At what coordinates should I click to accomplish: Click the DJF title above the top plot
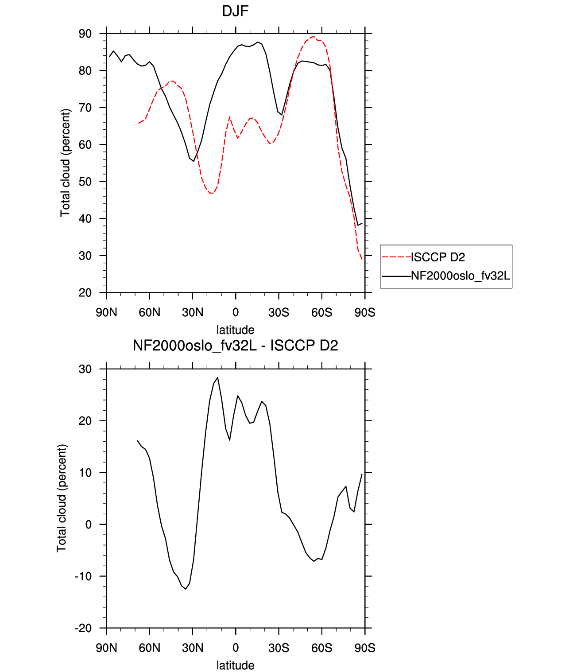235,11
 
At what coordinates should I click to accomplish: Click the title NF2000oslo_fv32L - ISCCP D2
235,345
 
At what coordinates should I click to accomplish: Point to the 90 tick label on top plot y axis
85,34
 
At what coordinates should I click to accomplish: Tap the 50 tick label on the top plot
85,182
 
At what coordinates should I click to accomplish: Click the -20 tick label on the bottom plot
83,628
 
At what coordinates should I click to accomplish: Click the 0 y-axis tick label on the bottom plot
89,524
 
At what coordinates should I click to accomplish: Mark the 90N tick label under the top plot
106,312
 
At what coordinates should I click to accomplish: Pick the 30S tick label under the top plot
279,312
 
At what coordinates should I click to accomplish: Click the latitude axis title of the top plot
235,330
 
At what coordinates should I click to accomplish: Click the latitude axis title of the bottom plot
235,665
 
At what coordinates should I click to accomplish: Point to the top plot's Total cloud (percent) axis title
65,163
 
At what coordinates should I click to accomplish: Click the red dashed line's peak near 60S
314,36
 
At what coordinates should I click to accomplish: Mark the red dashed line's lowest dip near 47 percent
211,193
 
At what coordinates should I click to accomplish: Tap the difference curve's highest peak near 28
218,377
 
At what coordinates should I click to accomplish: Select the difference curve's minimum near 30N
186,589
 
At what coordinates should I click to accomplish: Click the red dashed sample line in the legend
396,257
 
